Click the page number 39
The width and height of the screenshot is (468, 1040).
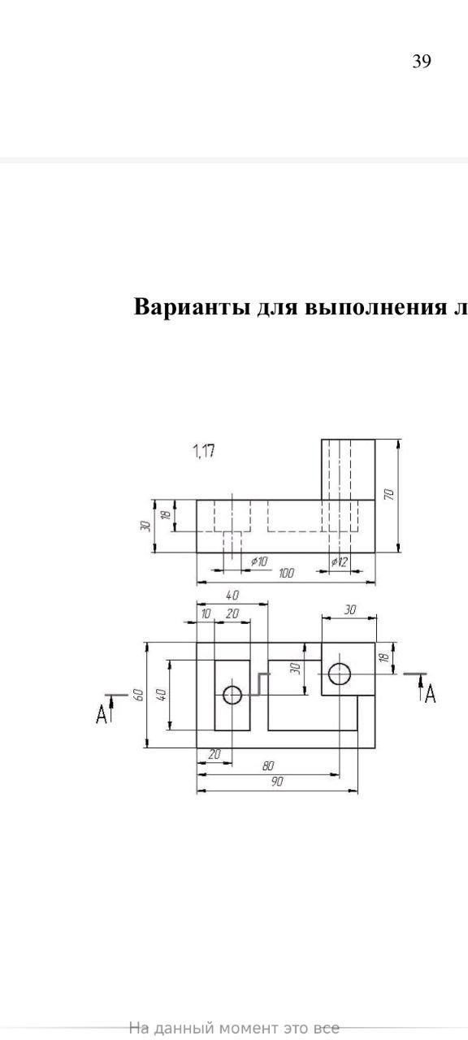(422, 61)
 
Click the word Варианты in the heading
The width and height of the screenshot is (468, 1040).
(193, 306)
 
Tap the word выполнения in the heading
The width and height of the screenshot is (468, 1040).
(378, 306)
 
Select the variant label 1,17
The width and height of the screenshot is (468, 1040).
(203, 450)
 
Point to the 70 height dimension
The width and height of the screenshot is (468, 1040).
(389, 494)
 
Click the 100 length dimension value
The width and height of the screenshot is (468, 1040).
(286, 574)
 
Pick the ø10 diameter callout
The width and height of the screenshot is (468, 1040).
(259, 561)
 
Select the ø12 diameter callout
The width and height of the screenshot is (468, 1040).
(339, 562)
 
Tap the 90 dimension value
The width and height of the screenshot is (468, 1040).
(277, 782)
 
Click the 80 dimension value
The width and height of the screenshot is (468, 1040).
(268, 766)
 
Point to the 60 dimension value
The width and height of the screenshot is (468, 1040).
(138, 694)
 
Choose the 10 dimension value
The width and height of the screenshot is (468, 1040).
(206, 613)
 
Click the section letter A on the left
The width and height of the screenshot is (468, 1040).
(102, 713)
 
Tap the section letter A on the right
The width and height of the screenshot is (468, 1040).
(431, 694)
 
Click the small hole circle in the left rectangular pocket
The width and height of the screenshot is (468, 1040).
(232, 695)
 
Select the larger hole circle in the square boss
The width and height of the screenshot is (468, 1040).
(340, 674)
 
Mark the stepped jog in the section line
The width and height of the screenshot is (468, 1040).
(259, 684)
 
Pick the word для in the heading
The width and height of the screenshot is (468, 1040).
(278, 307)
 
